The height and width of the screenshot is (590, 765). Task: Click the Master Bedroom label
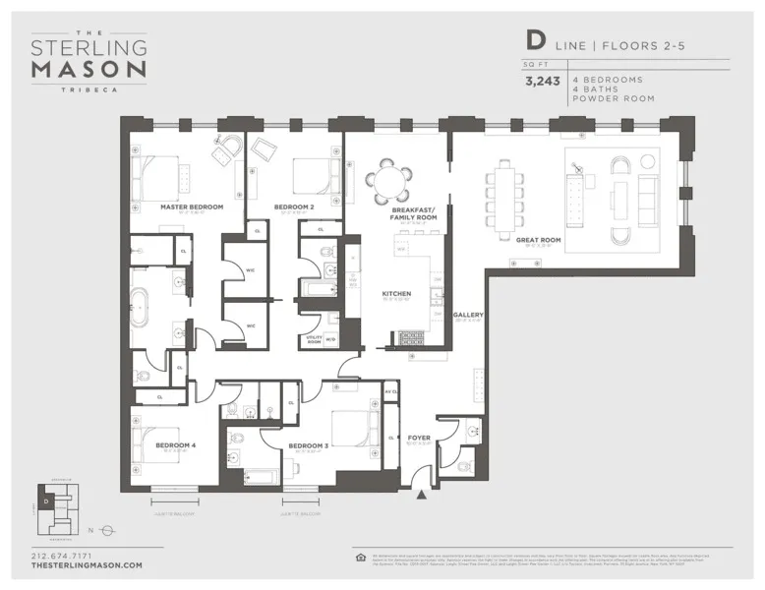coord(191,207)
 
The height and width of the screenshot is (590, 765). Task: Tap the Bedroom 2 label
coord(295,207)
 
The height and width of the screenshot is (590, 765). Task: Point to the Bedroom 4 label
coord(175,444)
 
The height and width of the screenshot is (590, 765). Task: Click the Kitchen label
coord(396,294)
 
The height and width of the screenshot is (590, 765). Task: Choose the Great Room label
coord(537,239)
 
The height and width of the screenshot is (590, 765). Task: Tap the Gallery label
coord(468,316)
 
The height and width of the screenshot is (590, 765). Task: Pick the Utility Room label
coord(315,339)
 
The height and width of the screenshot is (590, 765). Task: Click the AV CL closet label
coord(389,392)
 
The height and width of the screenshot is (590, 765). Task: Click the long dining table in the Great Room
coord(505,194)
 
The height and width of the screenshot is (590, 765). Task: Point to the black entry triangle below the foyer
coord(421,495)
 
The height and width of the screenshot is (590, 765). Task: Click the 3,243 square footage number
coord(542,83)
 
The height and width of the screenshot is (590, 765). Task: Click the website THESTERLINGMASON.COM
coord(87,565)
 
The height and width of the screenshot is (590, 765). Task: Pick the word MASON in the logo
coord(88,69)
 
